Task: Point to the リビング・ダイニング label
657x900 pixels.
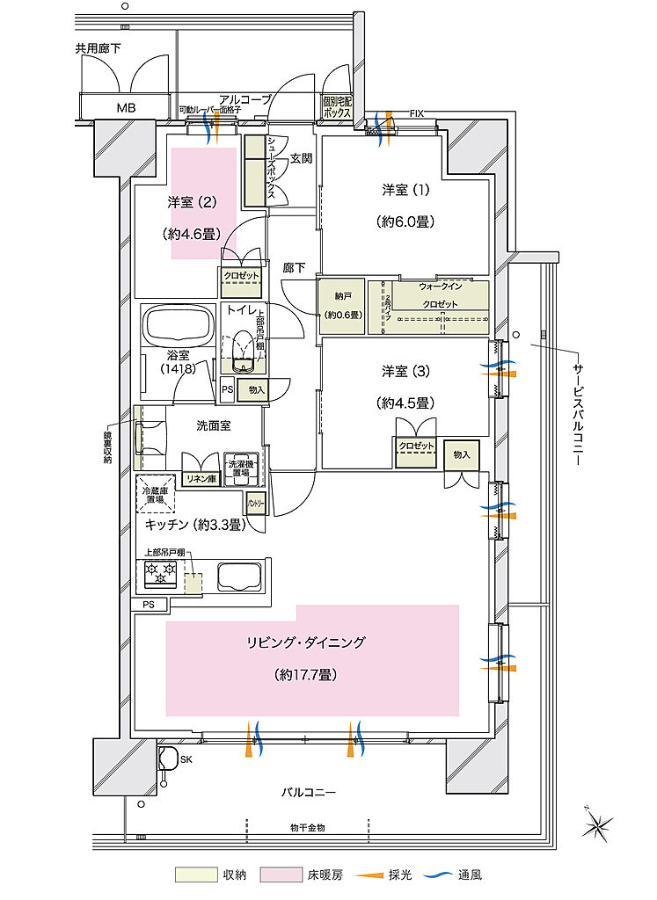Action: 306,642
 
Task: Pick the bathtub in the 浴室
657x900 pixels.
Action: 179,328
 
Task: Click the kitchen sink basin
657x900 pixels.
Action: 238,577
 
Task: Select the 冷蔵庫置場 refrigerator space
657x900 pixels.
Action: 156,497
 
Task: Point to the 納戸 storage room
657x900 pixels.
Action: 340,307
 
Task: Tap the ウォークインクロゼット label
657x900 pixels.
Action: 440,295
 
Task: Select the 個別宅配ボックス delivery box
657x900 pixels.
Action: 337,107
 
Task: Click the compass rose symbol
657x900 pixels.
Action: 597,825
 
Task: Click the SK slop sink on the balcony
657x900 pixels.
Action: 167,758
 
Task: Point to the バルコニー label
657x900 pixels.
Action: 309,792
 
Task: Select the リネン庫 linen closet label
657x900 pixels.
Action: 200,478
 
